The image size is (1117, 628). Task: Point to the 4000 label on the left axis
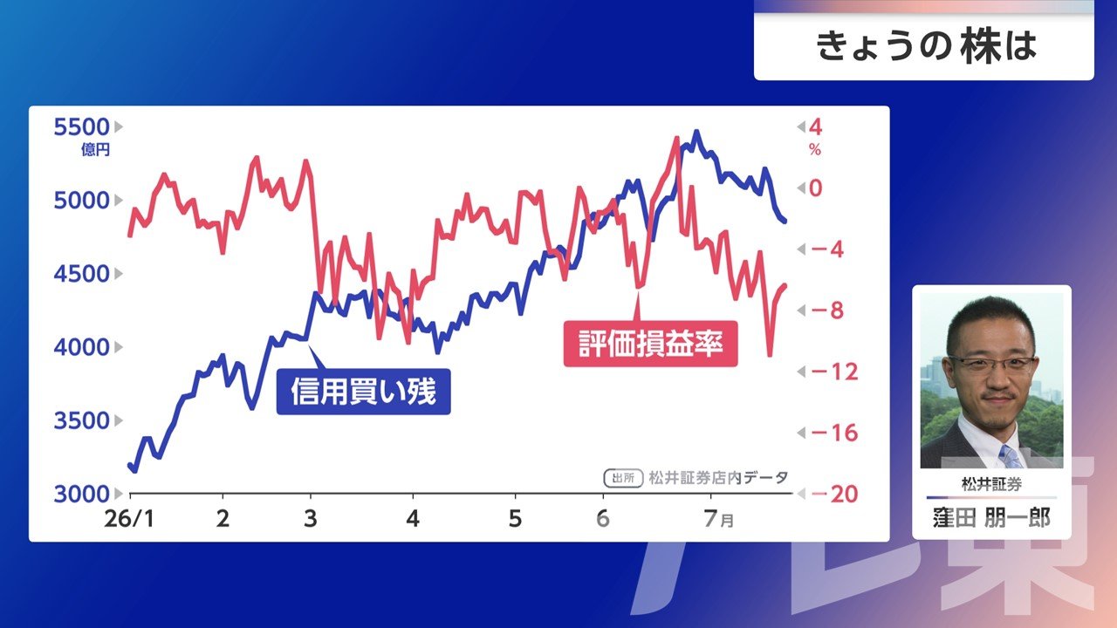(x=81, y=347)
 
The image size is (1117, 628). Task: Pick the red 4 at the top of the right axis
(x=816, y=127)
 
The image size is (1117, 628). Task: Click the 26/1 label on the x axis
(x=129, y=519)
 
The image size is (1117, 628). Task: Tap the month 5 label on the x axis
(x=515, y=519)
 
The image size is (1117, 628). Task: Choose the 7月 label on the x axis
(x=719, y=519)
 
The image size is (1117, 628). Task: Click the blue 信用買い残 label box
(x=364, y=392)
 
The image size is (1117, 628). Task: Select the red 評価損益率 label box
(x=651, y=344)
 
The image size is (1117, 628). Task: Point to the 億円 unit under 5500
(x=95, y=149)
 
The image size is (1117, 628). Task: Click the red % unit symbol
(x=815, y=149)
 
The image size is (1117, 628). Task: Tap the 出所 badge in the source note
(x=623, y=479)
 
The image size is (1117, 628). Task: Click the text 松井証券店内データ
(x=718, y=478)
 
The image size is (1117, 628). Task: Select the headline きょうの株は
(x=927, y=46)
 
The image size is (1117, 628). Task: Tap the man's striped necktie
(x=1011, y=456)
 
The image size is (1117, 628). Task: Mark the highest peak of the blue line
(x=696, y=132)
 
